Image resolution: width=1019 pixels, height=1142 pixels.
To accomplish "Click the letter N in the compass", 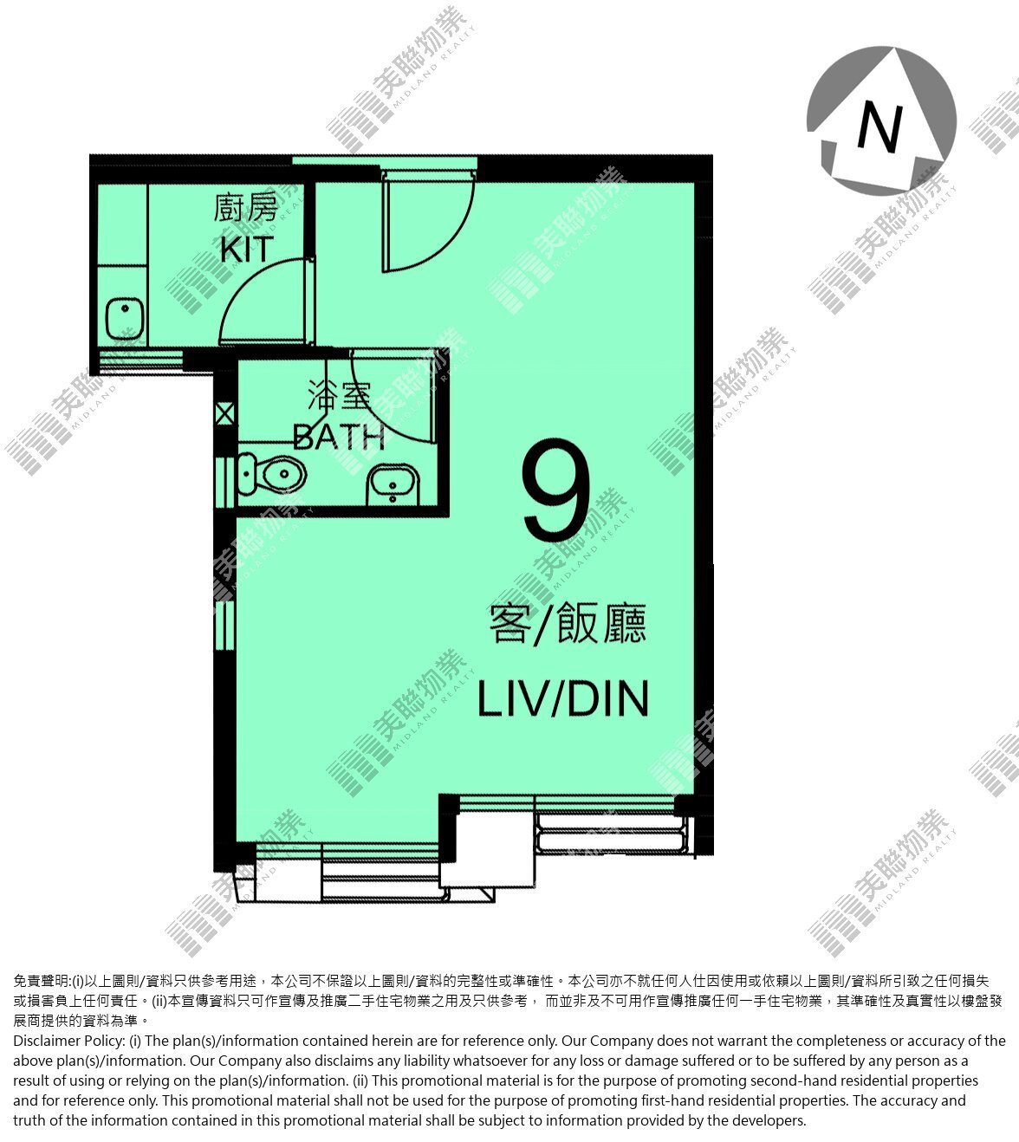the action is coord(880,128).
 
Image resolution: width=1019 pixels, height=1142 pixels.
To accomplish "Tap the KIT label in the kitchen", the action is coord(247,250).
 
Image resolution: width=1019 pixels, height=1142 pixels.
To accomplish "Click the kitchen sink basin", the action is coord(125,319).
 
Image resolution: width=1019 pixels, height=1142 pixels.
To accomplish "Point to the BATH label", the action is coord(339,437).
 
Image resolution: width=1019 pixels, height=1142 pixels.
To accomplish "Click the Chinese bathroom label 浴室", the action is coord(339,395).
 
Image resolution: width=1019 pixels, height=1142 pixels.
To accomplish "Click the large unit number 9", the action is coord(556,490).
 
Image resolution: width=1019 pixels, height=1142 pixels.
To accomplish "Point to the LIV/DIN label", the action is coord(563,698).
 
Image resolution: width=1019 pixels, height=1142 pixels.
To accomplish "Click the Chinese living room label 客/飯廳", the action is coord(568,624).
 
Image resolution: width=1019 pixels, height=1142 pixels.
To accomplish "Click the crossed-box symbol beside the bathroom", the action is coord(225,415).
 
